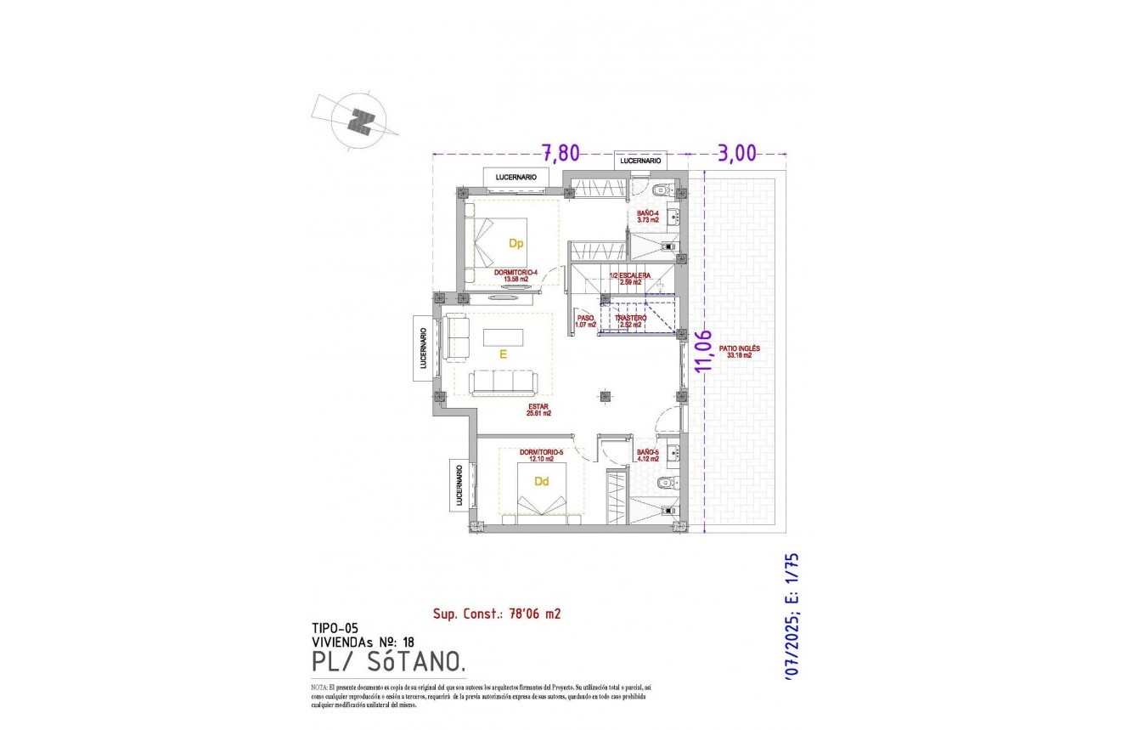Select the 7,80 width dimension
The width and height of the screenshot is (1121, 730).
click(560, 153)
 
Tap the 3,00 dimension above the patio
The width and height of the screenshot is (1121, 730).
click(737, 153)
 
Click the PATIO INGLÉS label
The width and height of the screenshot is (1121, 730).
click(740, 352)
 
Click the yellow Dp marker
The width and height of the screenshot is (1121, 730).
click(515, 243)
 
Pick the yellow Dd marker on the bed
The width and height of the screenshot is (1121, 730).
click(540, 481)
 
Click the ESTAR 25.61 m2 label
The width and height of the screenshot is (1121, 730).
click(537, 410)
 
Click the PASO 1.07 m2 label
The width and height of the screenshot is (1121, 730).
click(585, 320)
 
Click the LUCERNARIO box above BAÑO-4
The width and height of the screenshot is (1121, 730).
click(640, 161)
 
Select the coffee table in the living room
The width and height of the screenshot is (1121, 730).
click(504, 337)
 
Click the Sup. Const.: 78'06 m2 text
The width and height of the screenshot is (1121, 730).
click(498, 613)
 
